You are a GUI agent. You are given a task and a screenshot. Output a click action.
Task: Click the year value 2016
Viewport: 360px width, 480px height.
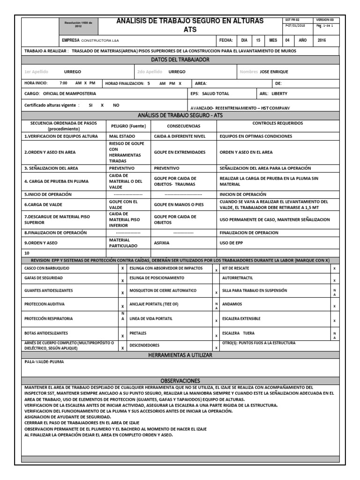pyautogui.click(x=322, y=40)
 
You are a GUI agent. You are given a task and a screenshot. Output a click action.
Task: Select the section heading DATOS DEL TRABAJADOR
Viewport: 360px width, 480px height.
pyautogui.click(x=180, y=60)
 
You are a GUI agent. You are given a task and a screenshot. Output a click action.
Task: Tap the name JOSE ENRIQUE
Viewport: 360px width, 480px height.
pyautogui.click(x=274, y=72)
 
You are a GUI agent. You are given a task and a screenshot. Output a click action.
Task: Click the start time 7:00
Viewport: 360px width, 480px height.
pyautogui.click(x=63, y=83)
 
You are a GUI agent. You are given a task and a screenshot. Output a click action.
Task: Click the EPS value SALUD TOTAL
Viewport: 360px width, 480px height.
pyautogui.click(x=216, y=93)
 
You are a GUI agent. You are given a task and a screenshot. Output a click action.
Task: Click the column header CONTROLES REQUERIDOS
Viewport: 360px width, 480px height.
pyautogui.click(x=277, y=123)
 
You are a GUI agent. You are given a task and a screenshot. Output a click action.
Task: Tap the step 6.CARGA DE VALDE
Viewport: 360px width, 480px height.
pyautogui.click(x=43, y=204)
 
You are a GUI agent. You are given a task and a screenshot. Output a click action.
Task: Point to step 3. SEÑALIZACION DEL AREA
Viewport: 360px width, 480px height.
pyautogui.click(x=51, y=168)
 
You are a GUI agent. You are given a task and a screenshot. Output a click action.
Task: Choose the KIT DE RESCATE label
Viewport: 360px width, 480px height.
pyautogui.click(x=235, y=268)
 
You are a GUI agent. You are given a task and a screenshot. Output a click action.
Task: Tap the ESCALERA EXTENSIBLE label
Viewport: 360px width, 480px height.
pyautogui.click(x=241, y=319)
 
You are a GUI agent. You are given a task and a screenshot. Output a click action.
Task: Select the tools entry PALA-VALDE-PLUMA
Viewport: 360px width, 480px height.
pyautogui.click(x=44, y=362)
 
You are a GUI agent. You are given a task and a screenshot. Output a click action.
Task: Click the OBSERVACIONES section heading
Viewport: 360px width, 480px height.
pyautogui.click(x=180, y=381)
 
